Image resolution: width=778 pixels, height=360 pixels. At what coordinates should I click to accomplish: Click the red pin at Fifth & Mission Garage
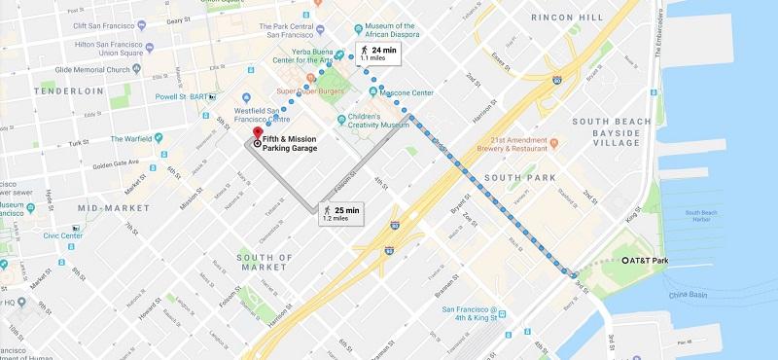(x=258, y=134)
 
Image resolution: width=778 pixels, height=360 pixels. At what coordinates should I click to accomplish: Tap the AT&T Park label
(x=649, y=261)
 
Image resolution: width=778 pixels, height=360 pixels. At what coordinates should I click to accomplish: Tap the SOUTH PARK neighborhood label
(x=519, y=178)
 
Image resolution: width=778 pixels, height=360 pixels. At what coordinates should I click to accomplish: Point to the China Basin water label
(x=690, y=295)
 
